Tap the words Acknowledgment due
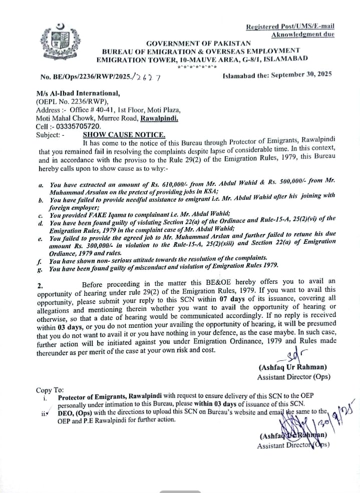coord(302,34)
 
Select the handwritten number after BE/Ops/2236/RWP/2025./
coord(148,76)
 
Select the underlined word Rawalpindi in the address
coord(159,119)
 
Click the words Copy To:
coord(50,390)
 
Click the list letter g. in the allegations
coord(40,269)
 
